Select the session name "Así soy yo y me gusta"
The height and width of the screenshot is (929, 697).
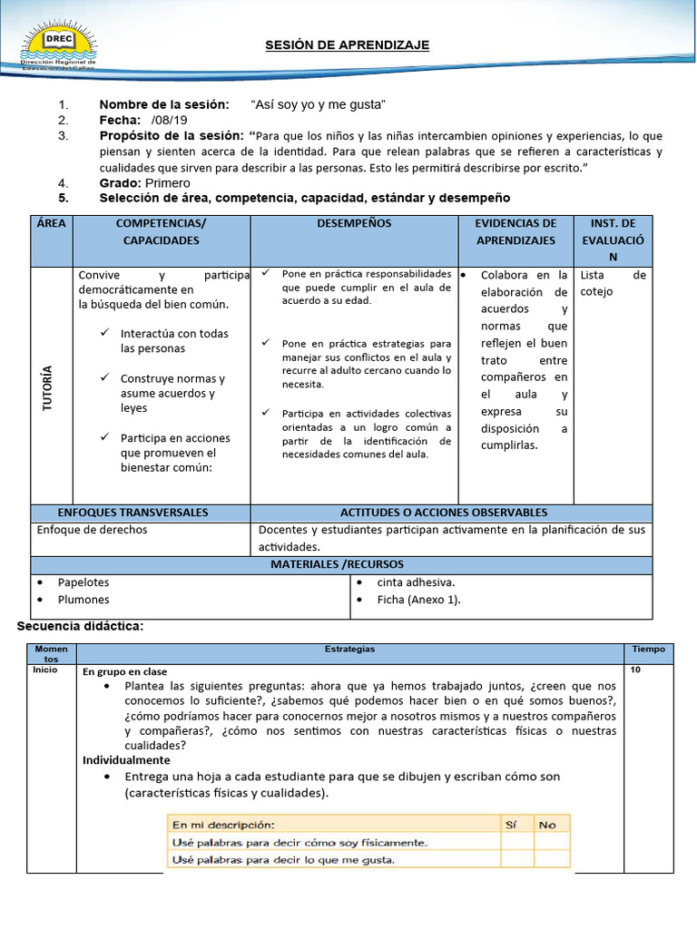click(x=318, y=104)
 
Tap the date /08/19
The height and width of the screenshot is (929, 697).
click(x=170, y=120)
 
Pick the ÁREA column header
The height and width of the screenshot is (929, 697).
click(x=52, y=223)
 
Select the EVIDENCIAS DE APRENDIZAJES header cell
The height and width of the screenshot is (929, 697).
click(x=516, y=231)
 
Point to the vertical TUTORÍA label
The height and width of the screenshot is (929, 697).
click(x=47, y=387)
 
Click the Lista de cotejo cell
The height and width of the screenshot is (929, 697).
click(x=613, y=282)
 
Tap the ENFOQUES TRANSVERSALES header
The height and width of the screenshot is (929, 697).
click(x=133, y=513)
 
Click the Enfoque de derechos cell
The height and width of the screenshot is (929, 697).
click(x=92, y=530)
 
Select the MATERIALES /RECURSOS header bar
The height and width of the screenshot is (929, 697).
click(x=341, y=565)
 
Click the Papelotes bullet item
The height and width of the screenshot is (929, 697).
click(x=83, y=582)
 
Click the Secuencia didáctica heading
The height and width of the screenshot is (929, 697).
click(x=81, y=627)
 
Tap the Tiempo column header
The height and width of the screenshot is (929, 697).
click(x=648, y=649)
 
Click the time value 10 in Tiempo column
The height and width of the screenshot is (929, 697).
click(x=635, y=670)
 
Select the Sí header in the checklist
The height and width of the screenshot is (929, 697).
click(x=510, y=825)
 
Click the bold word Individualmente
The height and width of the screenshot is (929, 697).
click(x=126, y=759)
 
